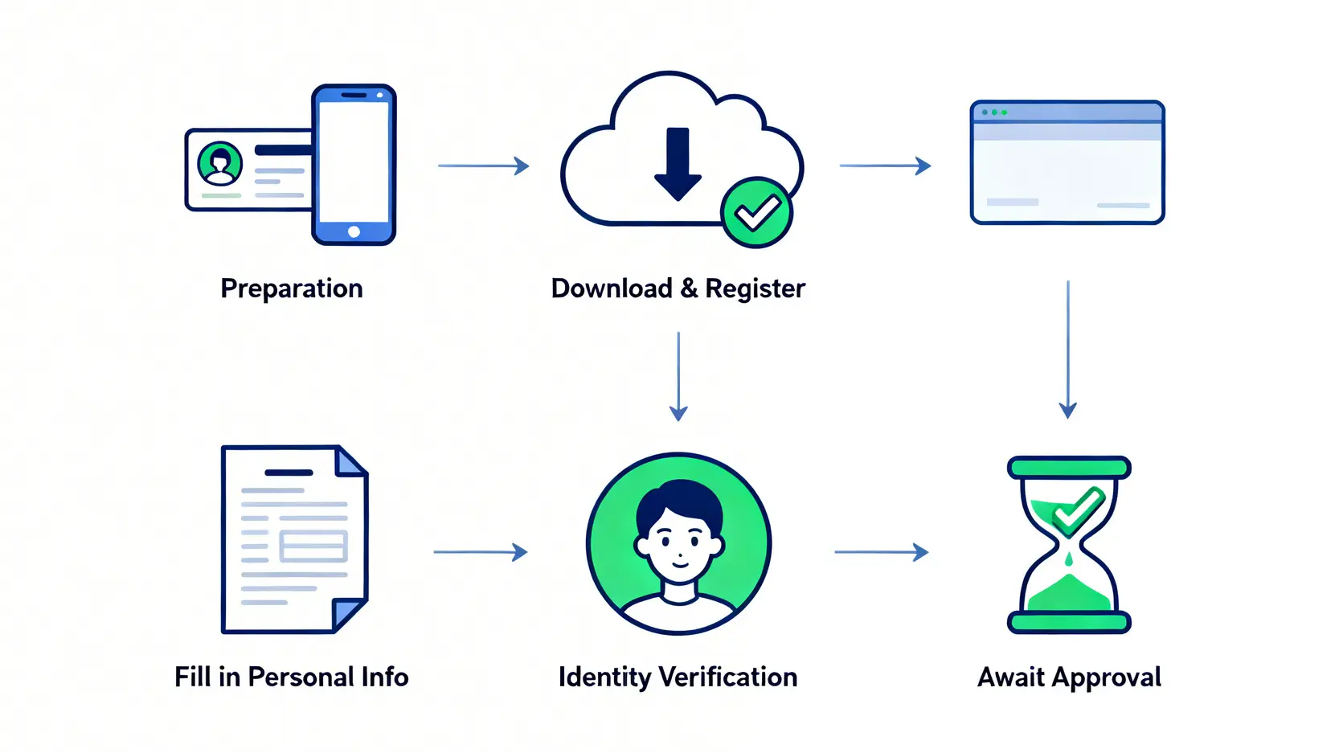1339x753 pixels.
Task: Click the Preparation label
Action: [x=292, y=289]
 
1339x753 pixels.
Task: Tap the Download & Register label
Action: [x=678, y=289]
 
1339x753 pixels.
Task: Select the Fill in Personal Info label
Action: [x=292, y=677]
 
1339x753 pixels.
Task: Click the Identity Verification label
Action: [x=678, y=677]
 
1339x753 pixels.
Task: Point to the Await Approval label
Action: [x=1069, y=677]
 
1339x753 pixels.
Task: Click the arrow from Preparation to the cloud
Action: [x=483, y=166]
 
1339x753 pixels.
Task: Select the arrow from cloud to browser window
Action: [x=885, y=166]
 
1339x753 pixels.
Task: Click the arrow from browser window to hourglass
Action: [x=1067, y=350]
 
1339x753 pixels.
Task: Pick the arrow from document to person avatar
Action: [x=480, y=552]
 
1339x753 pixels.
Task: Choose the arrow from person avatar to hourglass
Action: [x=882, y=552]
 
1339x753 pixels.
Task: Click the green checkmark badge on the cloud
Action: [x=756, y=213]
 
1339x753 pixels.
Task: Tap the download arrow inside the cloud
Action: [x=678, y=164]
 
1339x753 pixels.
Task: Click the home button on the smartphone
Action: [x=354, y=232]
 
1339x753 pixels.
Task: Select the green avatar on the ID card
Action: [x=219, y=164]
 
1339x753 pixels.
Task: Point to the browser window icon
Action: [x=1067, y=162]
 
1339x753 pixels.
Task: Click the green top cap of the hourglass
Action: [x=1069, y=467]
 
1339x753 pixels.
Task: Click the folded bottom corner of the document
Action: [x=348, y=614]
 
